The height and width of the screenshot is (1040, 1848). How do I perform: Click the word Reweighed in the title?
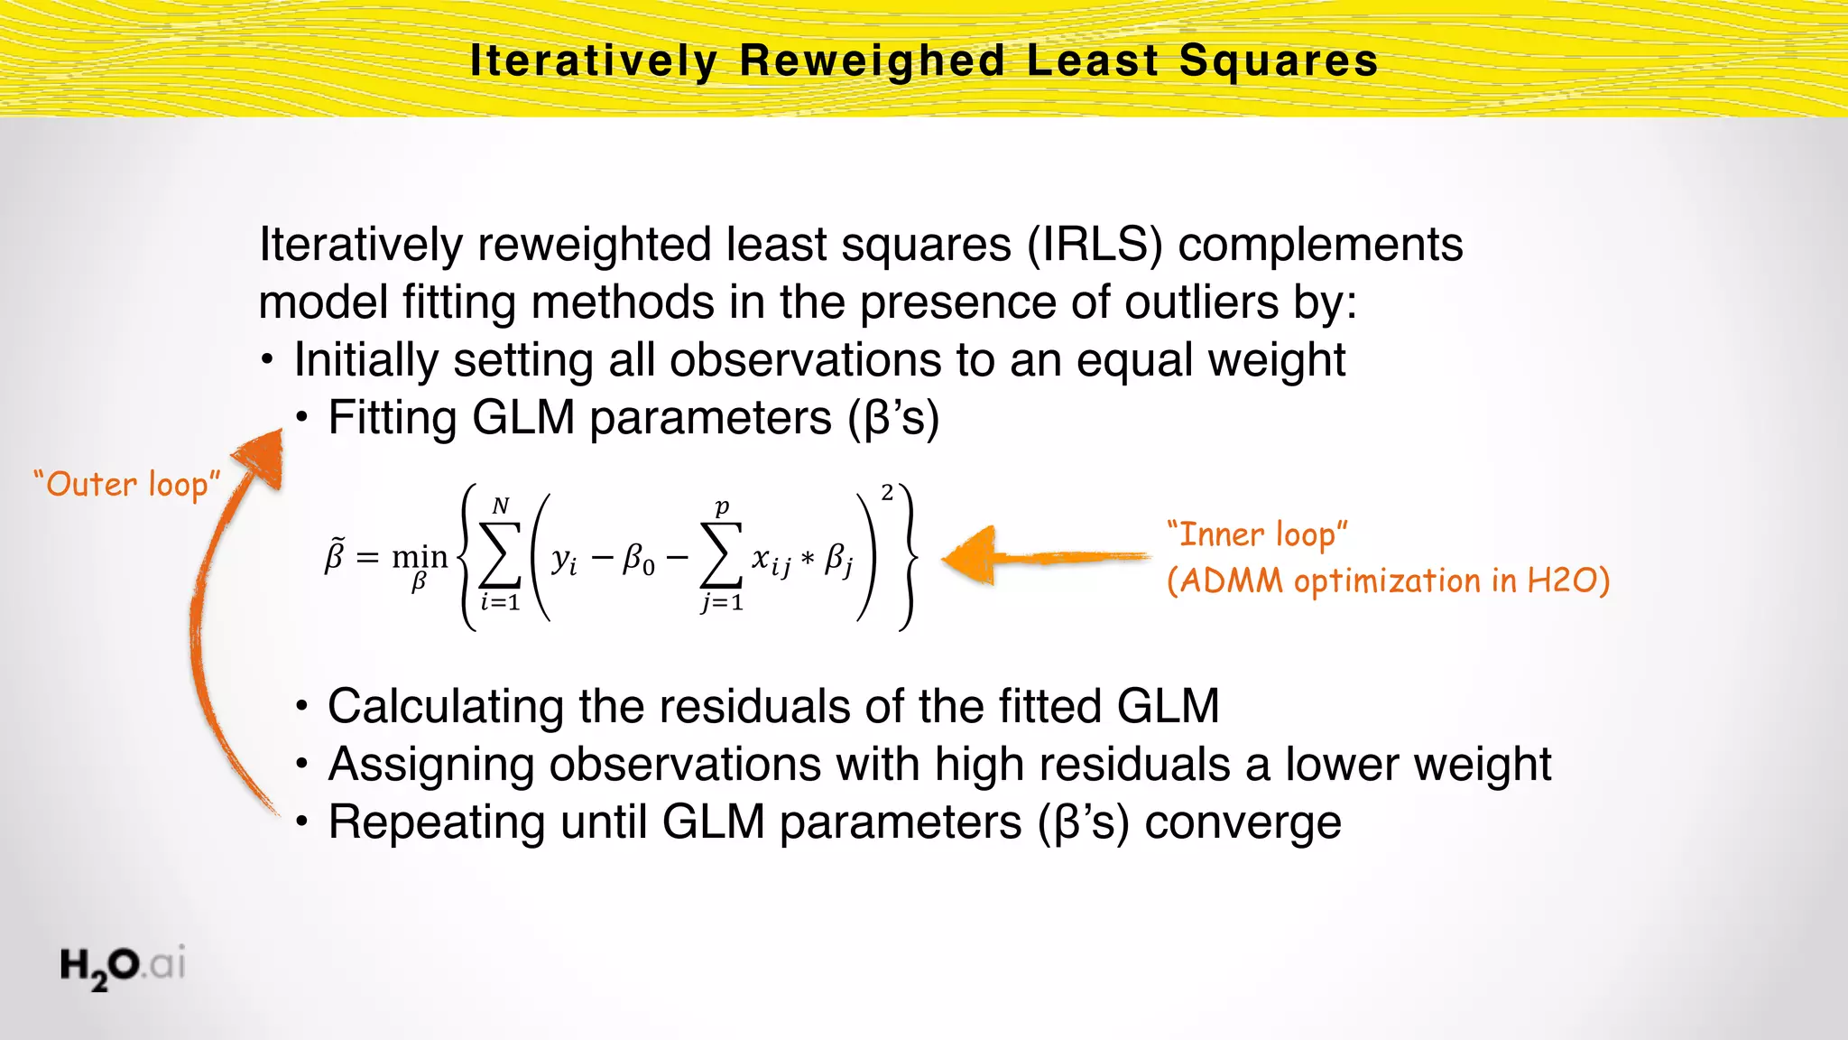click(x=872, y=61)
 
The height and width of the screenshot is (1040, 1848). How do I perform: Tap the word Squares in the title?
click(x=1279, y=61)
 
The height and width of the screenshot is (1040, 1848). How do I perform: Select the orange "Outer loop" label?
click(x=126, y=485)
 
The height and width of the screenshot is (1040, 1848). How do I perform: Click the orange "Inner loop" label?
click(x=1257, y=534)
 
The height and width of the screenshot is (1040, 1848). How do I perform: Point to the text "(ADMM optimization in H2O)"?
click(x=1388, y=580)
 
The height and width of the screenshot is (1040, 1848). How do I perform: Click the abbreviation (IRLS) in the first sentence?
click(x=1095, y=245)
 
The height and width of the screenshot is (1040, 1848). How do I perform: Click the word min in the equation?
click(x=420, y=556)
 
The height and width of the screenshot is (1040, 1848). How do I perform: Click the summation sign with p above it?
click(x=721, y=556)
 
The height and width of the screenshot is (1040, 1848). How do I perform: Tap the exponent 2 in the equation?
click(x=887, y=493)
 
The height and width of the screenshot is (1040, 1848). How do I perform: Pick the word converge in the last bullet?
click(x=1243, y=822)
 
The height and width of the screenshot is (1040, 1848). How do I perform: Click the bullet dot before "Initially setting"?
click(x=267, y=361)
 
